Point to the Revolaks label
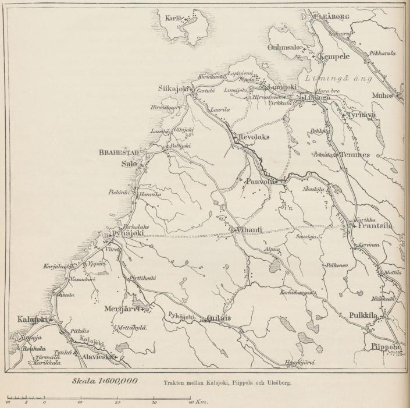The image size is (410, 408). coord(255,137)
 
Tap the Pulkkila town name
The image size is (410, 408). coord(365,315)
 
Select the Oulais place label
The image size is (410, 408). coord(219,318)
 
